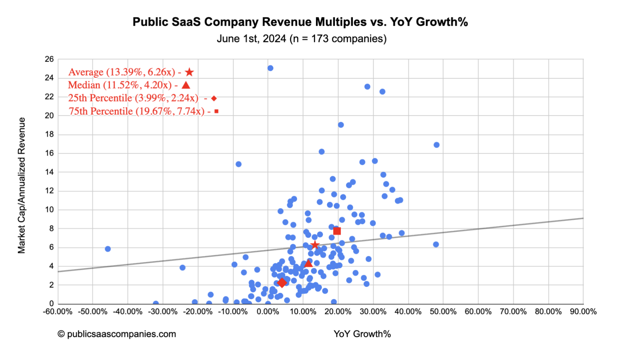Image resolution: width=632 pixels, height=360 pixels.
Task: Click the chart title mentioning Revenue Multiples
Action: (300, 22)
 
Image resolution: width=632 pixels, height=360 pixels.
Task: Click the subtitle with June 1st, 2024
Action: (301, 39)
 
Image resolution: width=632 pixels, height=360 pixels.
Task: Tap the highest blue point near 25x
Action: (270, 68)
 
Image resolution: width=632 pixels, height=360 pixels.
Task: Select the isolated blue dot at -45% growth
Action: (108, 249)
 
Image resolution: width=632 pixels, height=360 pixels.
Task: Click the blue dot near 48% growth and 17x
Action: (437, 145)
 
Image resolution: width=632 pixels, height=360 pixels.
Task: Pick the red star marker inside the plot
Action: (315, 245)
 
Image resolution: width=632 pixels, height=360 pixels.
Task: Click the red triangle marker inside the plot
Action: (308, 263)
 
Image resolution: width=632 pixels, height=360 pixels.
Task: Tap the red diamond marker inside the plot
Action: (282, 283)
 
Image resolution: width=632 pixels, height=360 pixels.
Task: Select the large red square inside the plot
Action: (337, 231)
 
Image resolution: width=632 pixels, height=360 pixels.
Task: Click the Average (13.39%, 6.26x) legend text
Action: (122, 72)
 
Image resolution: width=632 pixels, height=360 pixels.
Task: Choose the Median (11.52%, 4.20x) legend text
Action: (120, 85)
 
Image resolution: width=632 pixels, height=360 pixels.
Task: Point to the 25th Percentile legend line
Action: (133, 98)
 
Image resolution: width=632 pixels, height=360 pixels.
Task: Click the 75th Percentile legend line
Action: (136, 111)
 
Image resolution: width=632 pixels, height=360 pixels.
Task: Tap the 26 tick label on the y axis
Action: (49, 59)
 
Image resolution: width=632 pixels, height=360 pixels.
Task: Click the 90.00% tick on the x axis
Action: (583, 311)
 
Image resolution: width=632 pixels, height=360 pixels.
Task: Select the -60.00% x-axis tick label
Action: (58, 311)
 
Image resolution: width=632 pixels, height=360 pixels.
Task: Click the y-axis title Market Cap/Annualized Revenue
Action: (21, 185)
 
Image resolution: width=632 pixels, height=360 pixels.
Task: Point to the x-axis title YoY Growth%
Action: (362, 334)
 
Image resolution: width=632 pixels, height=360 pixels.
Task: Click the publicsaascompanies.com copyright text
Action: (117, 334)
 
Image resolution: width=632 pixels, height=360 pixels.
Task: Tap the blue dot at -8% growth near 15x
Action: (238, 164)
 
